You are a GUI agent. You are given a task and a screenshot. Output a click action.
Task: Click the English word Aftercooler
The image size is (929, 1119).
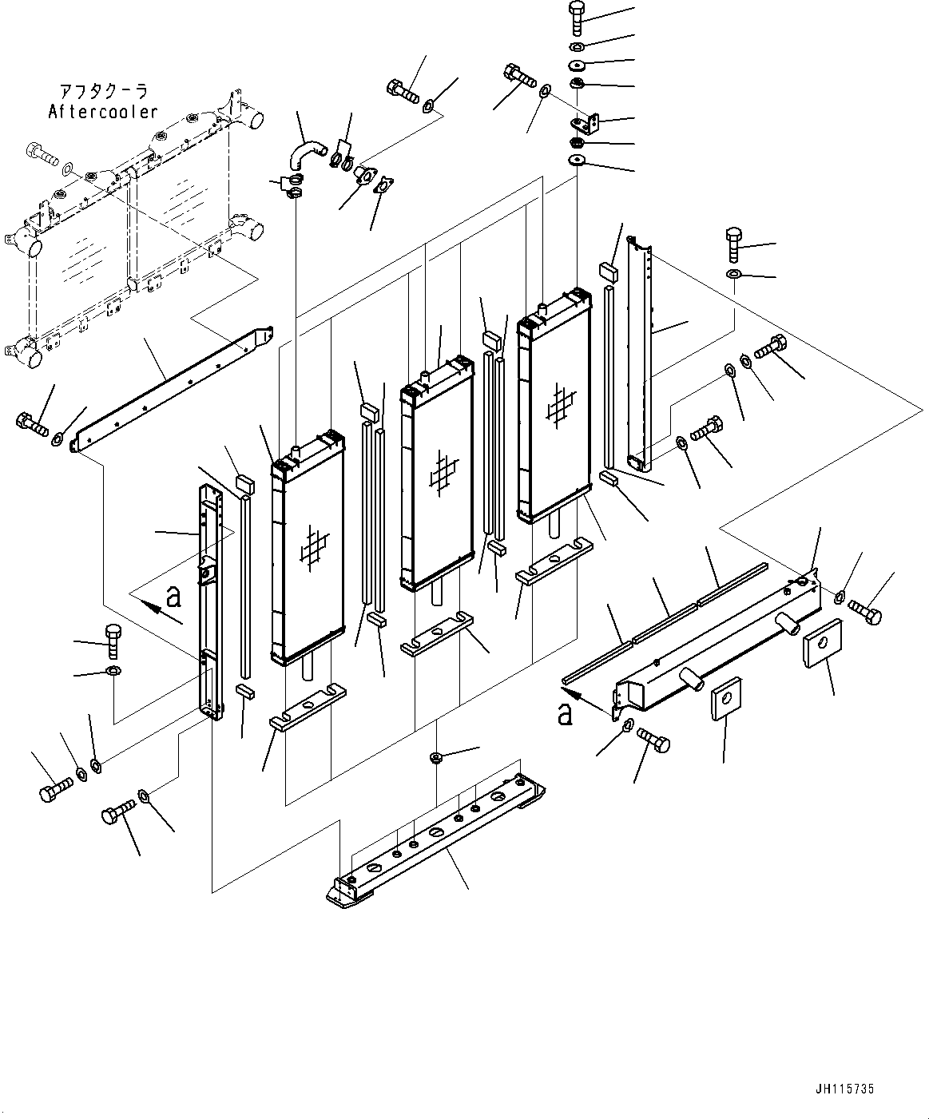[x=103, y=113]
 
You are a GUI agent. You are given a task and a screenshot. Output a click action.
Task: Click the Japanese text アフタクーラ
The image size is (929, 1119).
[x=104, y=92]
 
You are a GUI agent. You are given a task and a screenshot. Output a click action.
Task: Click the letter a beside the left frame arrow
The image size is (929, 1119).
[x=174, y=595]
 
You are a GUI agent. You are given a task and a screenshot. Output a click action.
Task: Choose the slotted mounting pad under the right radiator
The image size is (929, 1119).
[x=555, y=561]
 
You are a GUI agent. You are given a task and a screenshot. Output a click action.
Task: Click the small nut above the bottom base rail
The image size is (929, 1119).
[x=436, y=756]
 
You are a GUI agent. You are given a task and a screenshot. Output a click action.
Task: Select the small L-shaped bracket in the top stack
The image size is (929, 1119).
[x=586, y=121]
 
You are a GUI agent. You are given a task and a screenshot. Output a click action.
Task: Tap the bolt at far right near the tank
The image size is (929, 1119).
[x=864, y=613]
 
